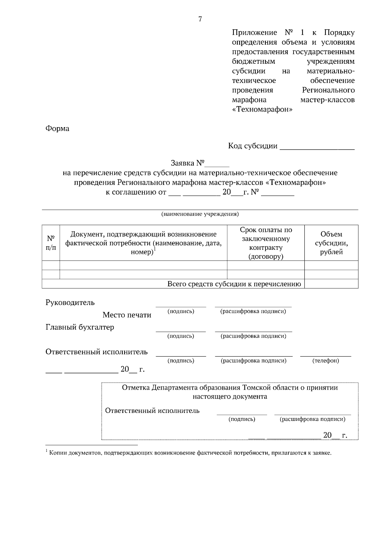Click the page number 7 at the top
click(200, 19)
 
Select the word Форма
click(57, 129)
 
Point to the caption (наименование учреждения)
click(200, 214)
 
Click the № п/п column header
click(51, 243)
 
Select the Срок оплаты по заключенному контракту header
click(266, 243)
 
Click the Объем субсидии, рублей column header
click(331, 243)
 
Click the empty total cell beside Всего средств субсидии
click(331, 284)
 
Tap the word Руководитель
click(70, 302)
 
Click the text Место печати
click(127, 315)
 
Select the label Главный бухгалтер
click(80, 327)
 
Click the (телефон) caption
click(326, 361)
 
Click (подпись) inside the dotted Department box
click(242, 419)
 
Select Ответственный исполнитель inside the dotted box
click(152, 411)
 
